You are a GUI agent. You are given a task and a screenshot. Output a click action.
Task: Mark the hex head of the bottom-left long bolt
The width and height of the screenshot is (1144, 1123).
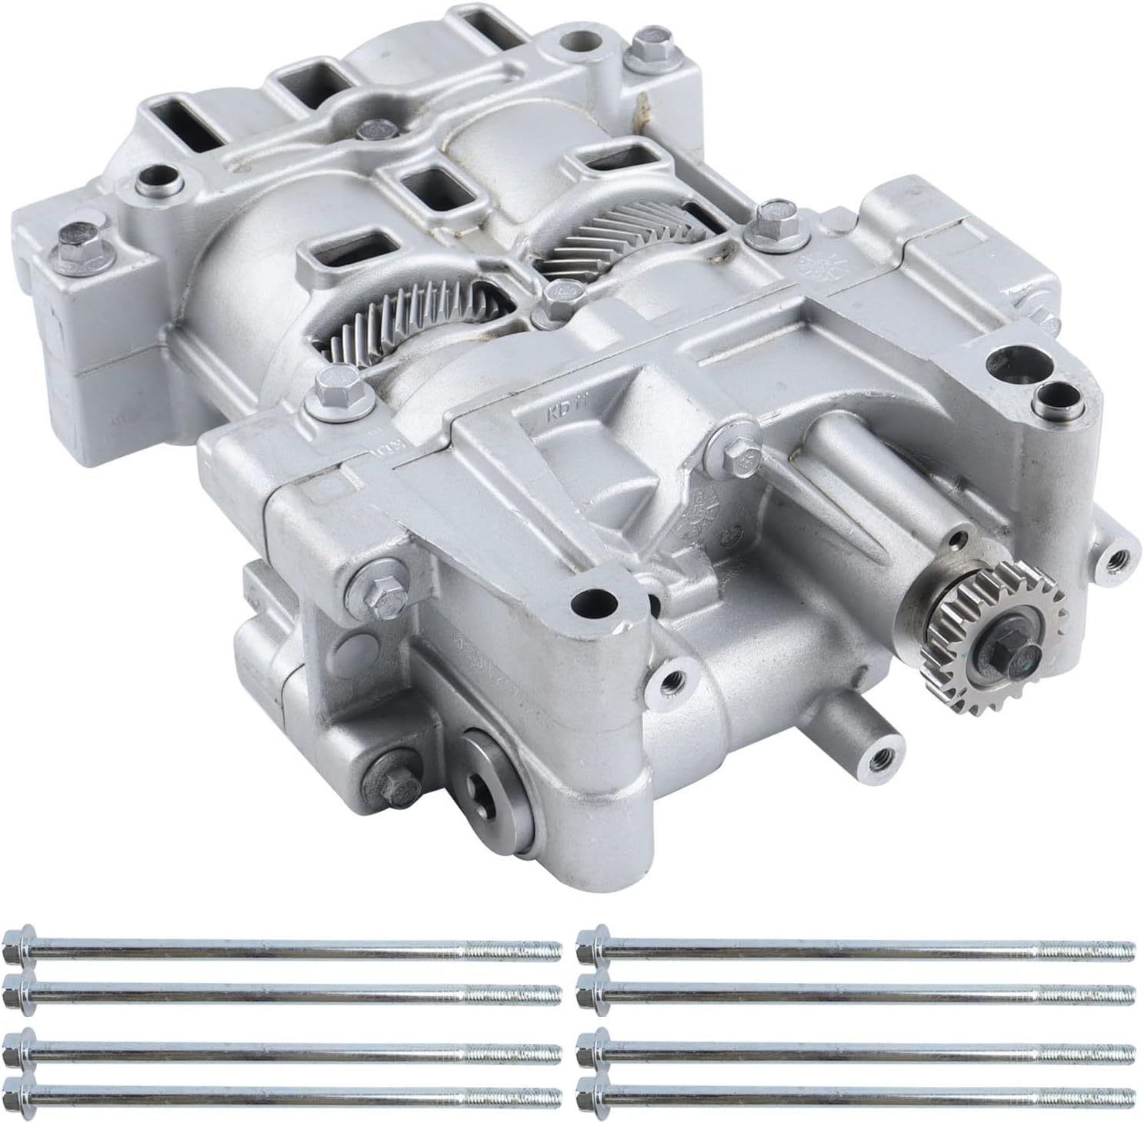click(16, 1091)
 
